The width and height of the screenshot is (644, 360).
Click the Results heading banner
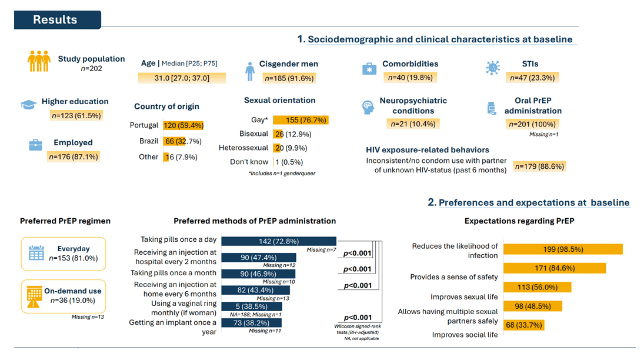pos(58,20)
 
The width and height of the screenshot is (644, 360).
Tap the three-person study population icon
pos(39,61)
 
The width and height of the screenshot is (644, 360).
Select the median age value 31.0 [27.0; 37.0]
pos(182,78)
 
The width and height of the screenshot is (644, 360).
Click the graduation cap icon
pos(28,104)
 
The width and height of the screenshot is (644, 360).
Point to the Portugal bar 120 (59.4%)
pos(183,125)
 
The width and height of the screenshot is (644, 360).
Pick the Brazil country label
pos(149,141)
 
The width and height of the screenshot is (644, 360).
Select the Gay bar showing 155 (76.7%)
pos(301,120)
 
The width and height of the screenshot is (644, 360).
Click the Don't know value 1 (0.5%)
pos(289,162)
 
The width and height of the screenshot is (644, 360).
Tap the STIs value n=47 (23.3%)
pos(532,78)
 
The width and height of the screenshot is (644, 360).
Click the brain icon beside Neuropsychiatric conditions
pos(368,107)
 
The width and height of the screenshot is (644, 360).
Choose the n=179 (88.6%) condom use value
pos(540,166)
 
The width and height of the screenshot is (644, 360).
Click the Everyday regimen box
pos(64,254)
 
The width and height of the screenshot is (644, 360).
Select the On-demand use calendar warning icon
pos(34,296)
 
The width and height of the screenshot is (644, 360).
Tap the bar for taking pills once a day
pos(279,241)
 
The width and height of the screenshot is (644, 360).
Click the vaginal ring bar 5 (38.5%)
pos(252,306)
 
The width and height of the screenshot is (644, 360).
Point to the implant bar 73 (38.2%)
pos(251,323)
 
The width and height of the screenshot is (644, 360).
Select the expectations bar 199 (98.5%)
pos(563,249)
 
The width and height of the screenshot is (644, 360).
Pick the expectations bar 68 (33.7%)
pos(524,325)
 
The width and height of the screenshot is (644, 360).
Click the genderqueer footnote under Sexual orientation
pos(282,174)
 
